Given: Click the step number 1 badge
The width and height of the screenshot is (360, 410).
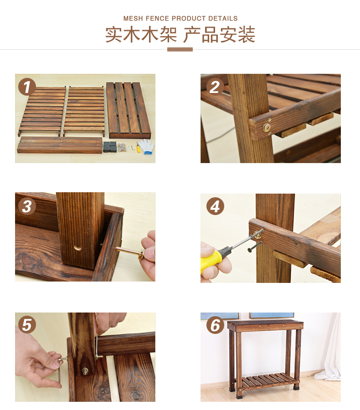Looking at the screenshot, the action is [27, 87].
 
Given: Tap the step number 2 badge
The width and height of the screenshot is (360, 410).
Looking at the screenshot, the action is [215, 87].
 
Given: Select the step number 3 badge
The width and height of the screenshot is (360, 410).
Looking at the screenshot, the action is [27, 206].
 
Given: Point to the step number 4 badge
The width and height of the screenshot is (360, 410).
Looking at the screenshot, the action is [215, 206].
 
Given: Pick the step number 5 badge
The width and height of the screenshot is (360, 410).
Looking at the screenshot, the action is [27, 325].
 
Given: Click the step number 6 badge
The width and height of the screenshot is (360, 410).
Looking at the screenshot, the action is [215, 325].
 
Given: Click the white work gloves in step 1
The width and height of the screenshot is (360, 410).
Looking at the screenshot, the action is [146, 146].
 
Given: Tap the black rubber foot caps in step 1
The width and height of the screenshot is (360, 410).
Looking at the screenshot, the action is [110, 147].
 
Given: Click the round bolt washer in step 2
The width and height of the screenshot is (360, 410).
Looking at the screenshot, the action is [267, 128].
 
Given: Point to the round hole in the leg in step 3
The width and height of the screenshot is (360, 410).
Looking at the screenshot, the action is [77, 247].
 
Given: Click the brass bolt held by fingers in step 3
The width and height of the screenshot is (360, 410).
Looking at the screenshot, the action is [130, 252].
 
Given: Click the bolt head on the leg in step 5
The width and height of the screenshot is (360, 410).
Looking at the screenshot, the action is [85, 370].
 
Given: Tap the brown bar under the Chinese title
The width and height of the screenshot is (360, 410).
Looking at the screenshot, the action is [180, 49].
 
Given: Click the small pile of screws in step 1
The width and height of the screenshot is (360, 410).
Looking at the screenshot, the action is [122, 147].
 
